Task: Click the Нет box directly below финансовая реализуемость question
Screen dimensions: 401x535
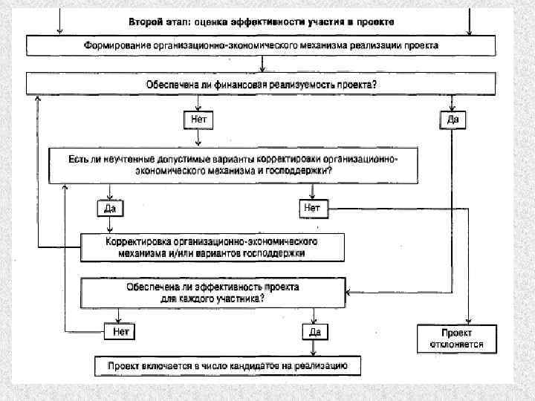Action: pos(197,119)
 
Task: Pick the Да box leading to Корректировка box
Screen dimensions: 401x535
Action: pos(109,209)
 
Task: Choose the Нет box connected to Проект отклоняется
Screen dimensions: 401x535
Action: pos(312,208)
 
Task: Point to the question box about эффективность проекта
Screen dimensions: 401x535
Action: pos(213,291)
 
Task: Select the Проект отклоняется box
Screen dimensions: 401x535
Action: pos(455,338)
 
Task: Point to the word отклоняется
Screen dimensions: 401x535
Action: pos(456,344)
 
